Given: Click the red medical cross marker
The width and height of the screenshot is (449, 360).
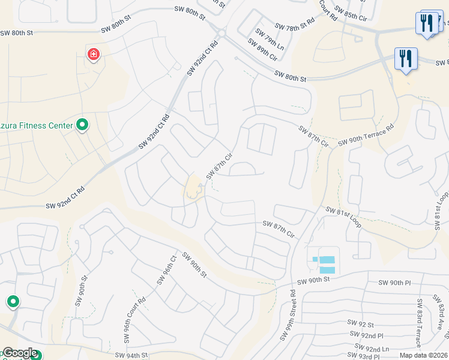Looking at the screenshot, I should tap(93, 55).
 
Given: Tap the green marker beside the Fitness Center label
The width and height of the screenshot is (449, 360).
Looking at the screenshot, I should tap(83, 125).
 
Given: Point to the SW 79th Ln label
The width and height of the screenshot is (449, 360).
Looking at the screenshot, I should tap(270, 39).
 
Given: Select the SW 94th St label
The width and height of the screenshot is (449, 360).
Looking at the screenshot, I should tap(127, 355).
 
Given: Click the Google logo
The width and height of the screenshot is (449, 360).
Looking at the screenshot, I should tap(19, 353).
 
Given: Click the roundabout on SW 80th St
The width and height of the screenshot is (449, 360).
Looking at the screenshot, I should tap(221, 34).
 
